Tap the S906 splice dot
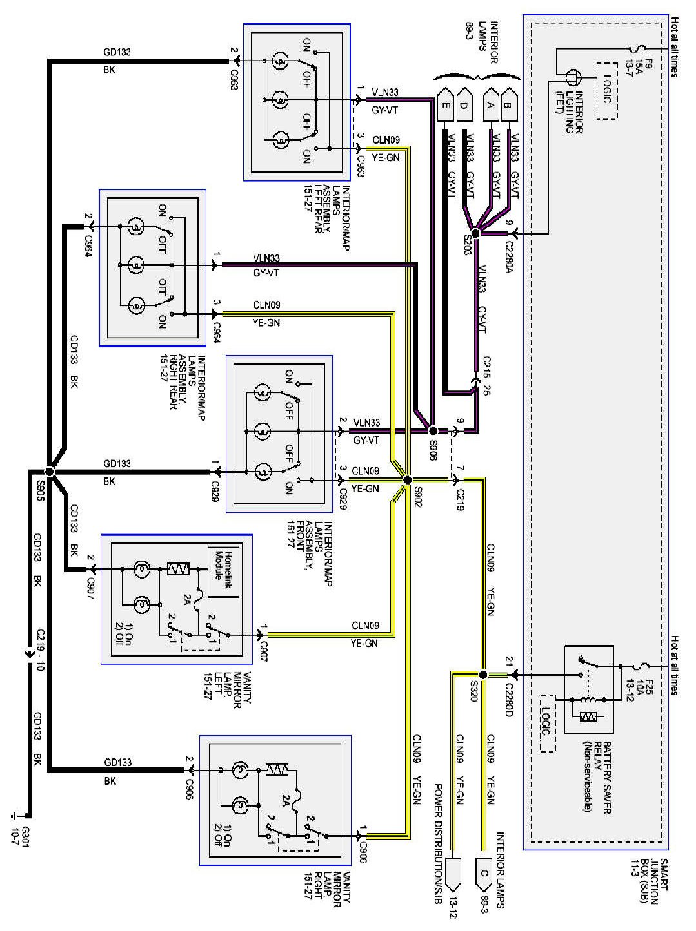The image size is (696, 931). (x=433, y=430)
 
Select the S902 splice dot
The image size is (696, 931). (x=407, y=480)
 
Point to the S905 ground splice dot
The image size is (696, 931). (x=51, y=472)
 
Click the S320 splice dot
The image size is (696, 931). (x=483, y=675)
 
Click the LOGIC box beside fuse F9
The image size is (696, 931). (x=606, y=91)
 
